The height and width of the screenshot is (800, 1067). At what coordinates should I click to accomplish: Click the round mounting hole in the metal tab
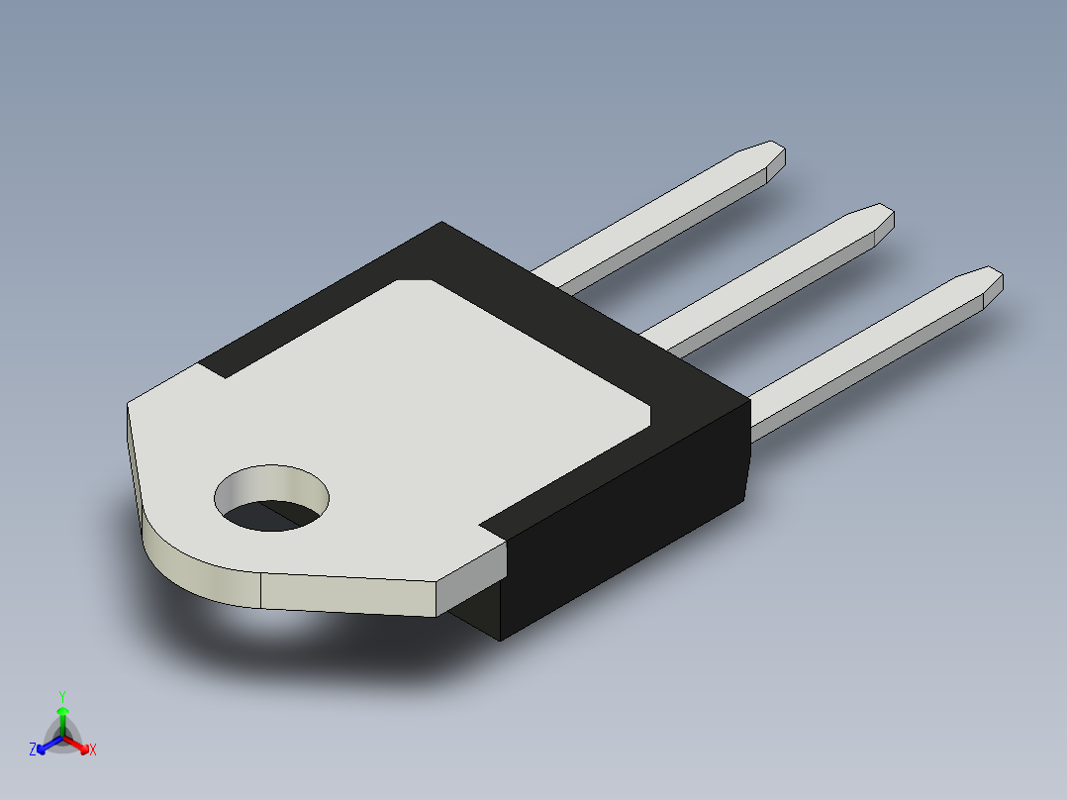coord(272,499)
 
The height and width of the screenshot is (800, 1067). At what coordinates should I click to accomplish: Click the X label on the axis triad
coord(93,750)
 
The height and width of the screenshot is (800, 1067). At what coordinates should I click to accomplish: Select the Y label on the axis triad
coord(61,696)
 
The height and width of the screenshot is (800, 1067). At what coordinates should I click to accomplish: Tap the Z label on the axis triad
coord(33,750)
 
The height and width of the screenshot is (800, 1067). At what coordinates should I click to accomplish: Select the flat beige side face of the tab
coord(346,594)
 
